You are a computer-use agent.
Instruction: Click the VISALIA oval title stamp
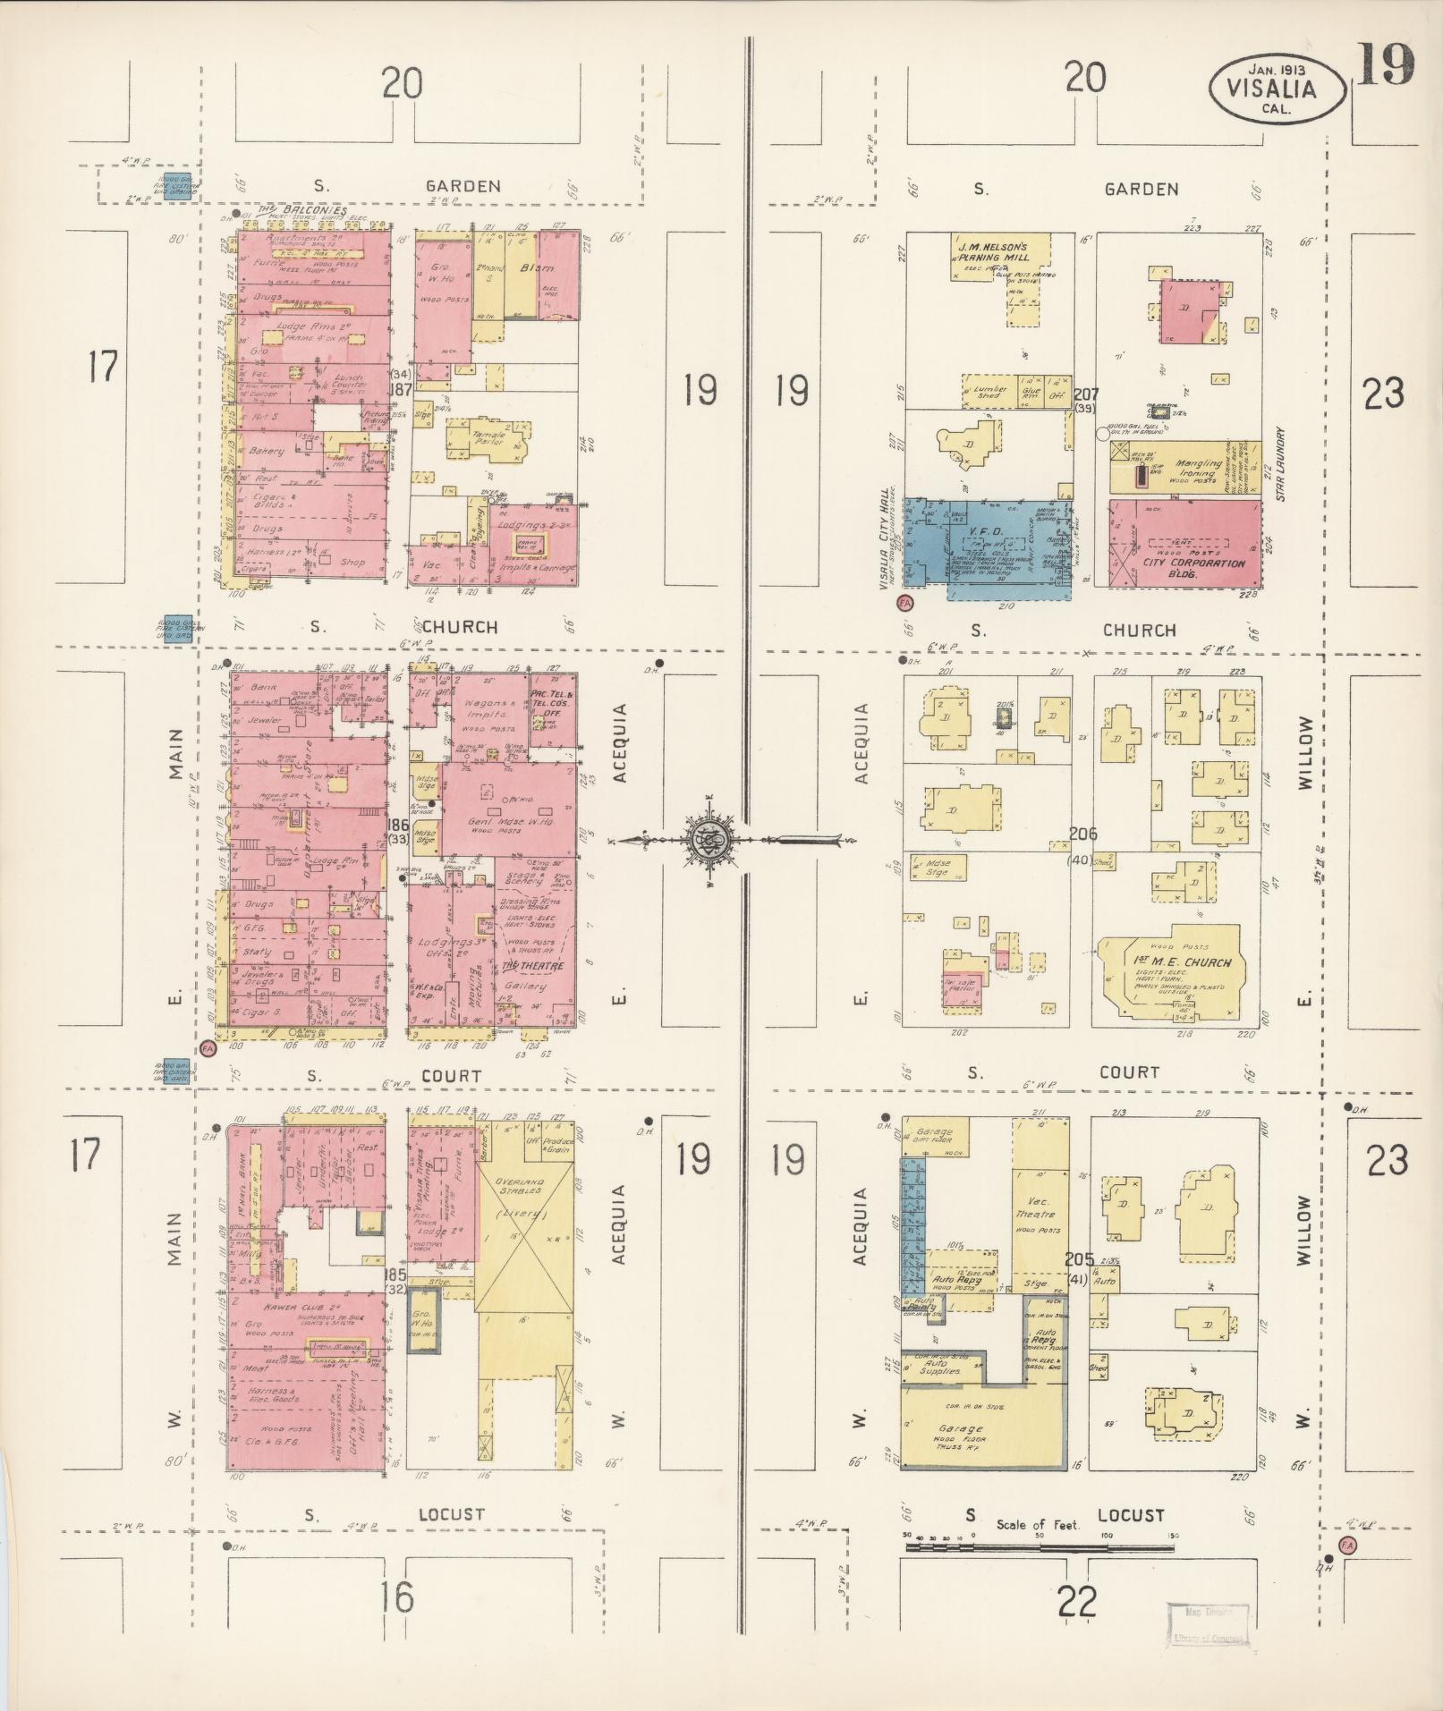pos(1276,89)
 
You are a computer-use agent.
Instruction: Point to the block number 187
pos(399,390)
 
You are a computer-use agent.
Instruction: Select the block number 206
pos(1082,834)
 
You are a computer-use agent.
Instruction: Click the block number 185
pos(395,1273)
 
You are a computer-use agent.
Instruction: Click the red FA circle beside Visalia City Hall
pos(907,603)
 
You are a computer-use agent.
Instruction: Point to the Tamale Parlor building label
pos(488,438)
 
